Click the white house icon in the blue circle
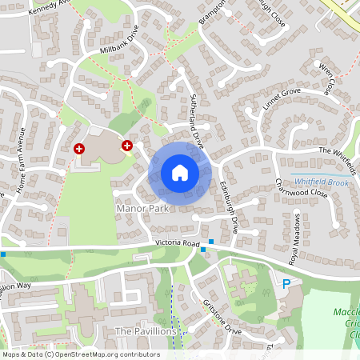coord(179,172)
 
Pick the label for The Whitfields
coord(336,152)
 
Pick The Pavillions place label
coord(145,331)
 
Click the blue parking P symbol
coord(286,283)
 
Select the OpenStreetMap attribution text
coord(80,354)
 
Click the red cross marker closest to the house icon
coord(126,146)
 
